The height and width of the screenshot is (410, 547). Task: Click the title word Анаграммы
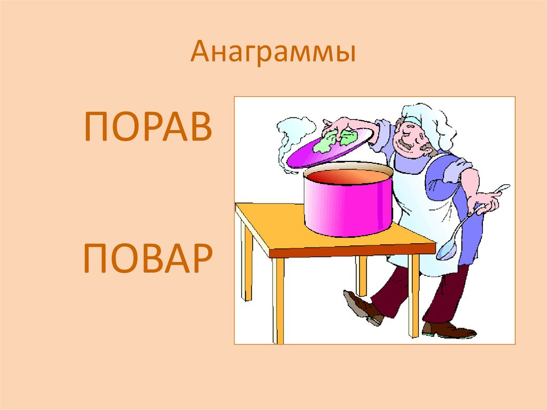[273, 54]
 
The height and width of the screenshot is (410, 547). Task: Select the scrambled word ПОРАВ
[148, 128]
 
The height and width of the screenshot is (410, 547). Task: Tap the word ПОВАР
[148, 258]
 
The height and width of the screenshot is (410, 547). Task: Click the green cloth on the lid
[337, 140]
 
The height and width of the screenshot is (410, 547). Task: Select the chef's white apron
[422, 214]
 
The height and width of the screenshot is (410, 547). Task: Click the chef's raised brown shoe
[363, 307]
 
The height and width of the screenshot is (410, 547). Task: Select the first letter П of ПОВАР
[96, 258]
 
